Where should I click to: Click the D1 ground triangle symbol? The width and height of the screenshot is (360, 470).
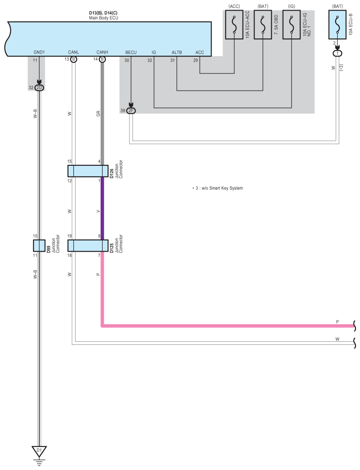click(39, 451)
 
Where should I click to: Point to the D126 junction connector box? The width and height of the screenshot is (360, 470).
click(85, 171)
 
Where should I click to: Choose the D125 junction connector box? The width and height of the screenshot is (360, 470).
click(85, 245)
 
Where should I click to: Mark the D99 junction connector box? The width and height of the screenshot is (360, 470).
click(39, 245)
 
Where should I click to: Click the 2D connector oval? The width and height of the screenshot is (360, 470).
click(39, 88)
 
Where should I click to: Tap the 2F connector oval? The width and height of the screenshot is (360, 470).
click(131, 111)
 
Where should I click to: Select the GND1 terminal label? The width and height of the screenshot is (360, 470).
click(39, 52)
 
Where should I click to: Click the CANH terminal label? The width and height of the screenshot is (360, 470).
click(102, 52)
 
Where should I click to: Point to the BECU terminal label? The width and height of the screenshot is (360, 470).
click(131, 52)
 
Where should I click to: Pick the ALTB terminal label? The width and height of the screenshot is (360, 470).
click(177, 52)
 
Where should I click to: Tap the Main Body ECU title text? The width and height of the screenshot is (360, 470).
click(103, 18)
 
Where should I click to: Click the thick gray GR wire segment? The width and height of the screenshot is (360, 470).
click(102, 115)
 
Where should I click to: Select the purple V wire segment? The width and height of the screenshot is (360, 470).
click(102, 208)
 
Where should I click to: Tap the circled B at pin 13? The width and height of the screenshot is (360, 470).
click(74, 59)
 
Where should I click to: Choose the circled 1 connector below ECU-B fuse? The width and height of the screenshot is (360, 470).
click(337, 53)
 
